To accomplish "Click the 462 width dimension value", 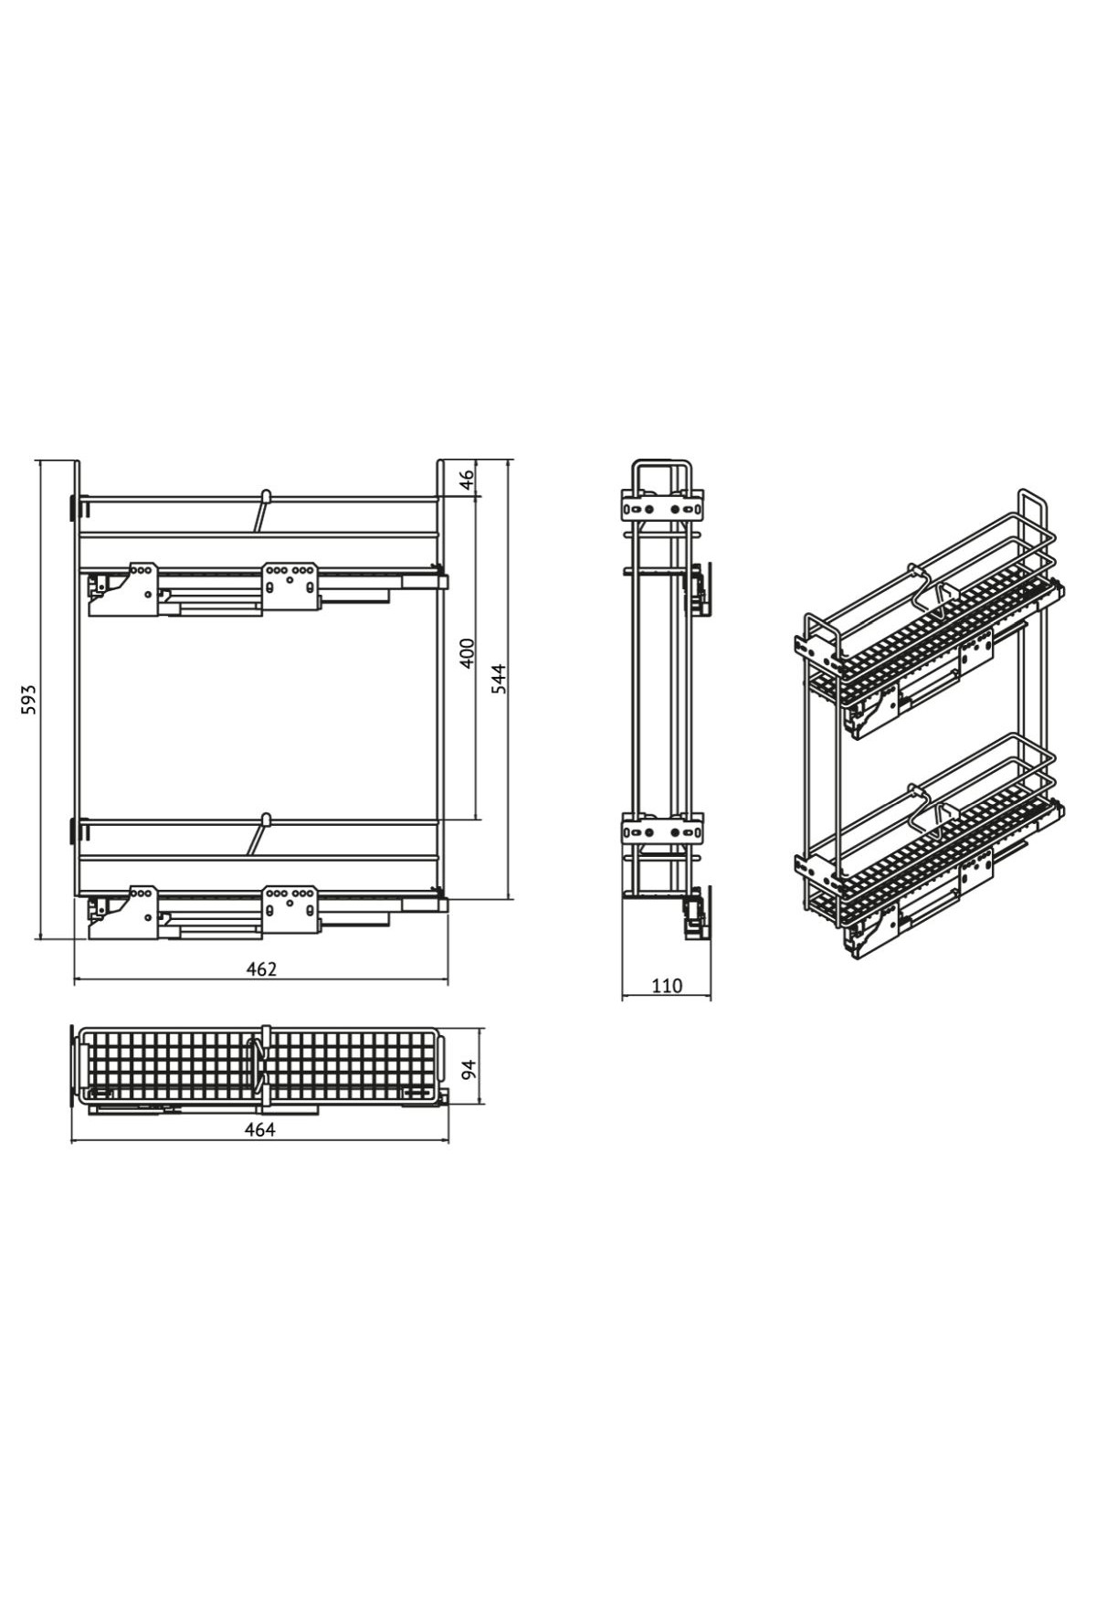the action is tap(261, 969).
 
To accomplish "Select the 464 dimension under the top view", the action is tap(260, 1129).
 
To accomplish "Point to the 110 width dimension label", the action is tap(667, 986).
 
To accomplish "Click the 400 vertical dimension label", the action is tap(466, 654).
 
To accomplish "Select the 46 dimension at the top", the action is tap(466, 480).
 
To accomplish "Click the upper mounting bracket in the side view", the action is tap(662, 505).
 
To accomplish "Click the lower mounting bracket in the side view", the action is tap(662, 830).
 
